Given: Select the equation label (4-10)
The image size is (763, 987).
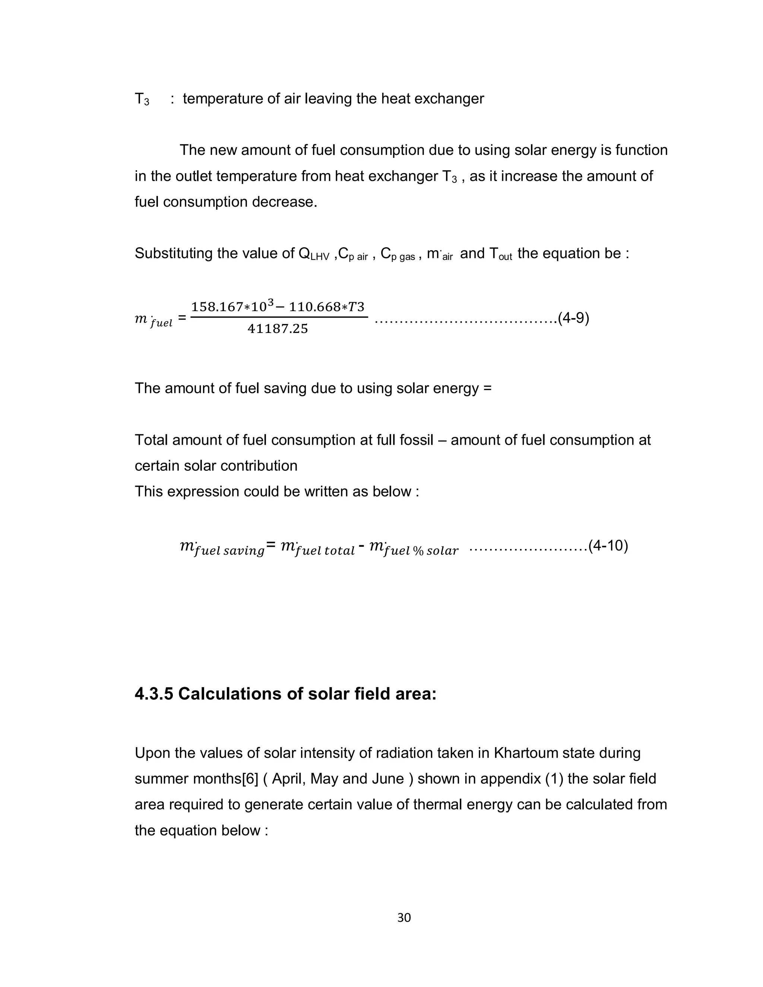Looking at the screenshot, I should (608, 546).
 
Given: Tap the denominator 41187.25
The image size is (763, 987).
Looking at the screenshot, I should (278, 329).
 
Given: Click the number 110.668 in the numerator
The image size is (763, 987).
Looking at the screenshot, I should (314, 307).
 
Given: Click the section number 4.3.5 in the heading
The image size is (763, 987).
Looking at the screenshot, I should (154, 694).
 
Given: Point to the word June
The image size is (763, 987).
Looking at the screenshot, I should (388, 779).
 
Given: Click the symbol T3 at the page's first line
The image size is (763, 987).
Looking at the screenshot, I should (142, 99).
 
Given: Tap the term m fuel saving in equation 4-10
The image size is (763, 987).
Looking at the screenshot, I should (222, 548).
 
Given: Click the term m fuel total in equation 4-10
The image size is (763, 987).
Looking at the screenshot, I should (317, 548).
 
